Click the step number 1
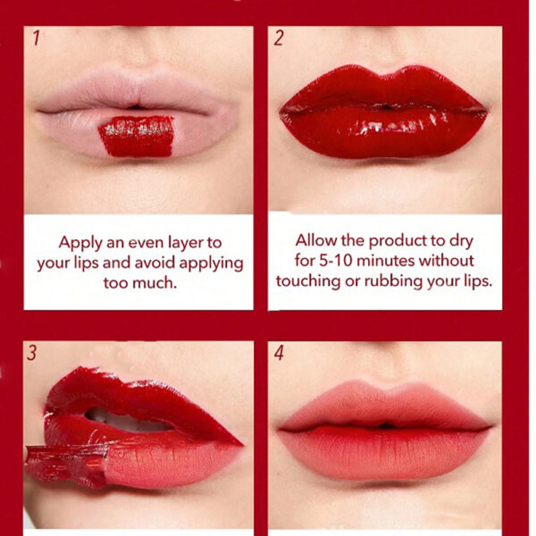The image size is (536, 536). coord(37,38)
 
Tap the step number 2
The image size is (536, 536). coord(279,38)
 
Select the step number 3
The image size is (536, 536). coord(31,353)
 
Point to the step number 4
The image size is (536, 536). coord(279,353)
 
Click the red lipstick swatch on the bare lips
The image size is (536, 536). coord(137,136)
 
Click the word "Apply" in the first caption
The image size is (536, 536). coord(80,243)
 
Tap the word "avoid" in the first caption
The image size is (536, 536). coord(155,263)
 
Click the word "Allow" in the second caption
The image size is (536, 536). coord(316,240)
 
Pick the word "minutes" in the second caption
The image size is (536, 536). coord(386,261)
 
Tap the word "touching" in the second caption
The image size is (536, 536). coord(308,281)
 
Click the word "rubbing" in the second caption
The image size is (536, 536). coord(394,281)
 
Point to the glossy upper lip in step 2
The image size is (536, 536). coord(383,88)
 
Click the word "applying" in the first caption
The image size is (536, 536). coord(211,264)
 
